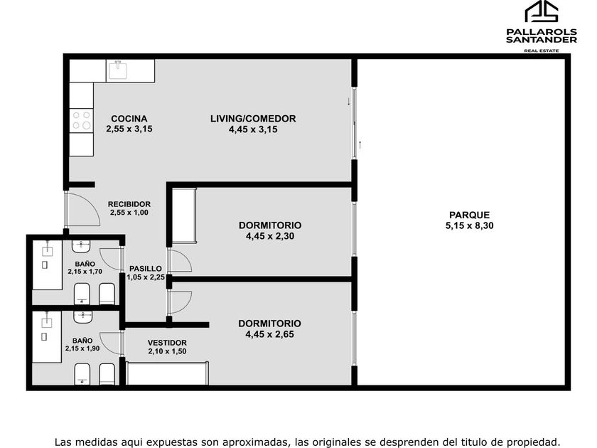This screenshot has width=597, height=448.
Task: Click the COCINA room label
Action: [x=129, y=119]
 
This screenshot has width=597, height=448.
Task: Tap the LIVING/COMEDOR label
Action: [x=253, y=119]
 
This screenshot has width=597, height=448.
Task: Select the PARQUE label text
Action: [x=470, y=215]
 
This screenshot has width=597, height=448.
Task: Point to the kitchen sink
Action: [x=118, y=70]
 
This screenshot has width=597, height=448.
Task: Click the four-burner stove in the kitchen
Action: [x=82, y=120]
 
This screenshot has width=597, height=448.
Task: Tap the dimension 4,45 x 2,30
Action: [x=270, y=236]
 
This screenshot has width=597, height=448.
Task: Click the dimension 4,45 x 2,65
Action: [x=269, y=334]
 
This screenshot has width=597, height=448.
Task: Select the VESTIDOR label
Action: [x=167, y=343]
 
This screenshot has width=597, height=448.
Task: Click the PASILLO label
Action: [x=146, y=269]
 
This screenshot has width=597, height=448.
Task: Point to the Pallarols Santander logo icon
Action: [x=542, y=11]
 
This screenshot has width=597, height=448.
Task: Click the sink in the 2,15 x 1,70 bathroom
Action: [x=81, y=247]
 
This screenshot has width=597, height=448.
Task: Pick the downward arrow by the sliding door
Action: [x=348, y=101]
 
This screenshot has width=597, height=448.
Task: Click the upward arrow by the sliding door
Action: [x=360, y=145]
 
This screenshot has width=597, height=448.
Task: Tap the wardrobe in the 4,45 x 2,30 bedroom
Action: [x=184, y=215]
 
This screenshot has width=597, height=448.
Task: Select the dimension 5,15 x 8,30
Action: [x=470, y=225]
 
